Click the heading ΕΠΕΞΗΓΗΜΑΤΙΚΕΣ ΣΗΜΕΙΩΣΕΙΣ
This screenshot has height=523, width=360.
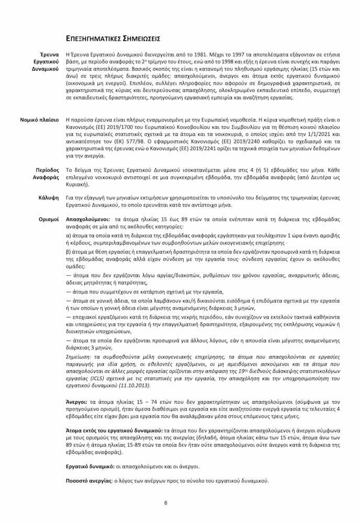(x=113, y=39)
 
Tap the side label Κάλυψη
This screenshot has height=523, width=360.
(x=49, y=198)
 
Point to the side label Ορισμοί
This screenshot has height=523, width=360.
(x=49, y=219)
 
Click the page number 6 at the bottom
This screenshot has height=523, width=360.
(x=165, y=503)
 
